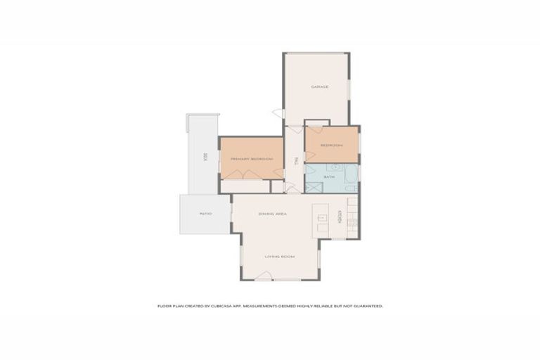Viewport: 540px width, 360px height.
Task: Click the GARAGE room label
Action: coord(320,87)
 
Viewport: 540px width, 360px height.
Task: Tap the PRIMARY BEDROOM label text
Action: coord(252,160)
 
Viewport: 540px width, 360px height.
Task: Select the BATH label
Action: coord(328,176)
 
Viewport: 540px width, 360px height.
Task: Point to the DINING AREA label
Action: coord(272,213)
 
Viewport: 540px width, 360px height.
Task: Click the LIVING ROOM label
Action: coord(279,257)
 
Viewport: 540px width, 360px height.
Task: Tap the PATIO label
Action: coord(205,213)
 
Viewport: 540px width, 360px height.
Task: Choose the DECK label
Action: coord(205,157)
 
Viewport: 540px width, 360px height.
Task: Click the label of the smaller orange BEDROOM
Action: coord(331,146)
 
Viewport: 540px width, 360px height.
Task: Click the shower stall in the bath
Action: coord(314,188)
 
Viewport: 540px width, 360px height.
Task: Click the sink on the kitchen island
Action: coord(322,218)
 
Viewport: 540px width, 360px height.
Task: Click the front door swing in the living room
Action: coord(263,277)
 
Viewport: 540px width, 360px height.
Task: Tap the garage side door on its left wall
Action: coord(279,114)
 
